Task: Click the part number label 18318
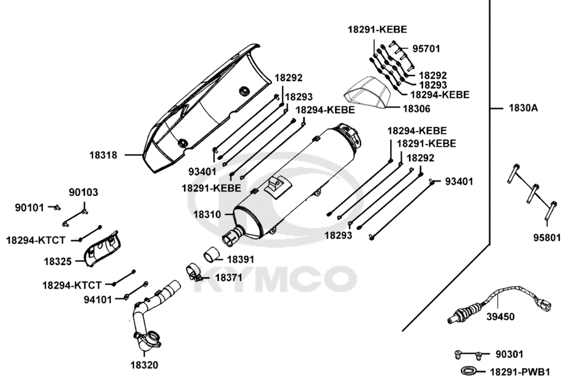click(x=103, y=155)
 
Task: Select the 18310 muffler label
click(x=207, y=214)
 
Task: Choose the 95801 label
click(x=546, y=237)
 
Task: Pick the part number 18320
click(x=144, y=365)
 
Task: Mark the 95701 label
click(x=426, y=49)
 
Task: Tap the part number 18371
click(x=229, y=277)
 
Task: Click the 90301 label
click(x=509, y=354)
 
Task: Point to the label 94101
click(x=98, y=299)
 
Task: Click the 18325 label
click(x=58, y=261)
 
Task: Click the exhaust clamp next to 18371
click(x=193, y=271)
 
